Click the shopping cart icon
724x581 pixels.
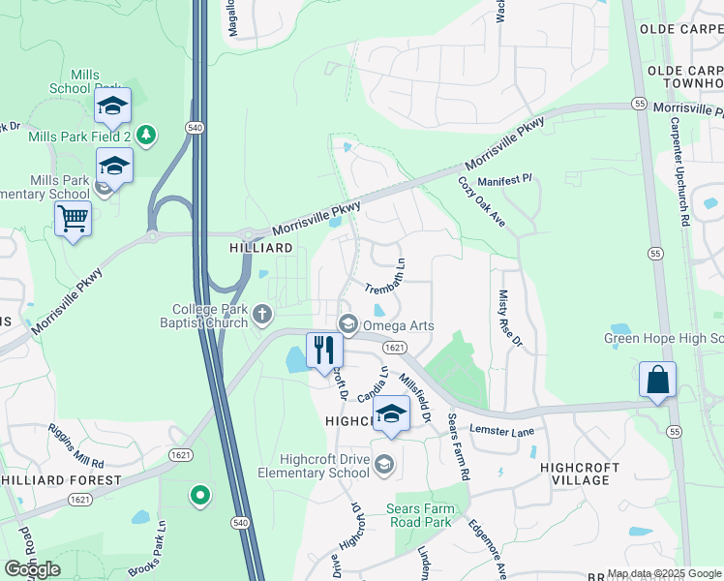pos(73,218)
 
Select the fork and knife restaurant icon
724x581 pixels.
pos(324,350)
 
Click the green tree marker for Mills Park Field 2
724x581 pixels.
pos(146,134)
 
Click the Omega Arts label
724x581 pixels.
pos(398,325)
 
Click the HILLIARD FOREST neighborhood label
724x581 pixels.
pos(61,480)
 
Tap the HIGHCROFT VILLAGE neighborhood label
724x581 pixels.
pos(581,474)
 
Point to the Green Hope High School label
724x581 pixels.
pos(663,338)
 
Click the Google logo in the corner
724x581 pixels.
pos(32,569)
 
